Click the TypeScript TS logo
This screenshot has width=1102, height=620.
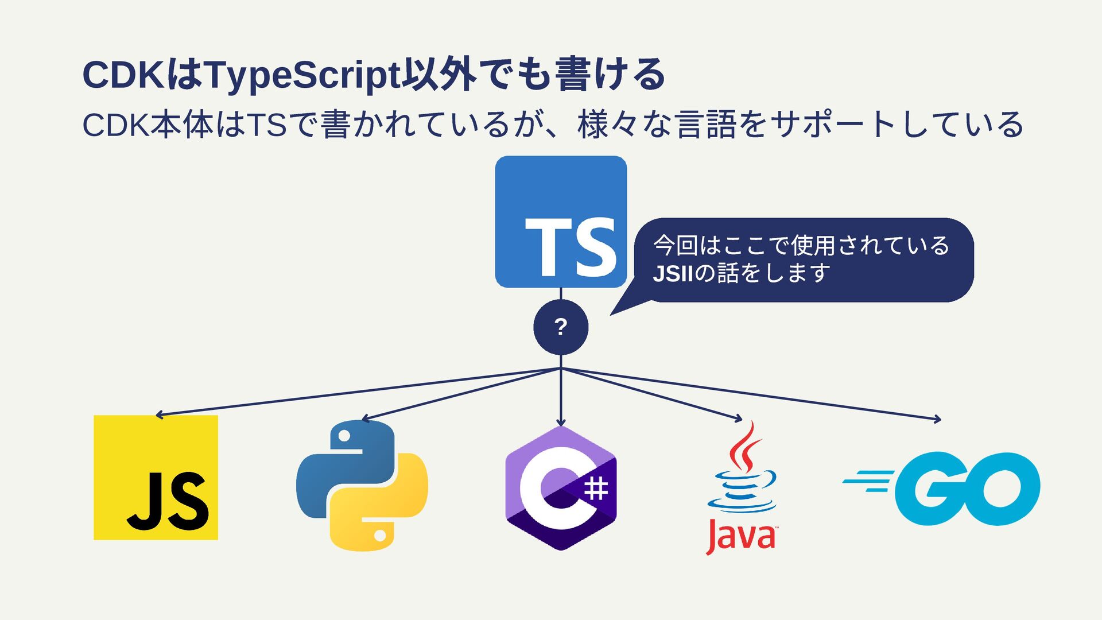pos(561,222)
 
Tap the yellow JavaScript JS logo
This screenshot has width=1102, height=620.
pos(156,478)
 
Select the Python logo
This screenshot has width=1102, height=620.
pos(362,486)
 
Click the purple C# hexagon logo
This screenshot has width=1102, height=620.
pos(561,488)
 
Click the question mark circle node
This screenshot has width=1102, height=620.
pos(561,327)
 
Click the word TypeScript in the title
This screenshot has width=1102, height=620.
pos(302,75)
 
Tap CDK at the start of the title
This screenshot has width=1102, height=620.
pos(123,75)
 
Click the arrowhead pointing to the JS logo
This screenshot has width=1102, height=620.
pos(159,414)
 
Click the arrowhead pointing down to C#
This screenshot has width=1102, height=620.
pos(561,423)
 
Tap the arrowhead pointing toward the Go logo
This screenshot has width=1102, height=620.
pos(937,420)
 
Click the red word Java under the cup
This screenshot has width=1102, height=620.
pos(740,536)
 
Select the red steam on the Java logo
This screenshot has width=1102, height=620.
pos(744,447)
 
